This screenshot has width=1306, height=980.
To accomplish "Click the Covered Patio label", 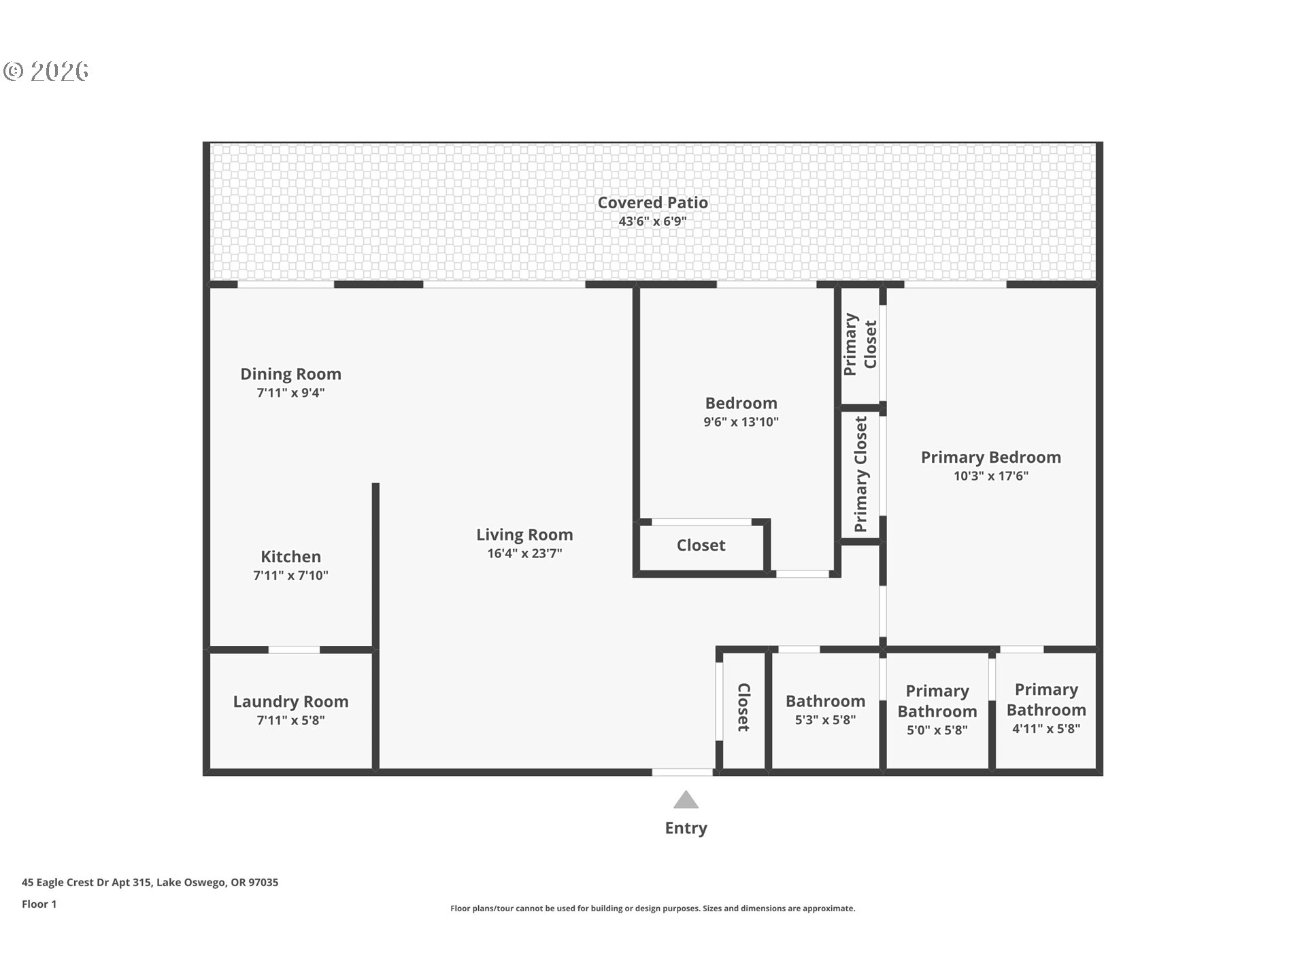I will (652, 202).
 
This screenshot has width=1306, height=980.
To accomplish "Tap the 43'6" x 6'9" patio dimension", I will (652, 221).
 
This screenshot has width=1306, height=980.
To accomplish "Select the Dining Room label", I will (290, 374).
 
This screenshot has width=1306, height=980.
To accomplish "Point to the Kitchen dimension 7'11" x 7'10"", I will (290, 575).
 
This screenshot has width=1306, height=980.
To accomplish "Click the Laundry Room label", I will (290, 701).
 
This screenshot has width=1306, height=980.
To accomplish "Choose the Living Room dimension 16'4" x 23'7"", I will (524, 553).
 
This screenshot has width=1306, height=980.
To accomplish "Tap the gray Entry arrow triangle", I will (686, 800).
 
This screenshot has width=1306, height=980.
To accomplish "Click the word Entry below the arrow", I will (686, 828).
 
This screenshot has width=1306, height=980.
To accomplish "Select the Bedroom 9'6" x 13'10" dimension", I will (741, 422).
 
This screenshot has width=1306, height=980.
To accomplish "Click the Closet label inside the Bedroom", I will (701, 545).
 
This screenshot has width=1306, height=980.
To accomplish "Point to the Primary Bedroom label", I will (990, 457).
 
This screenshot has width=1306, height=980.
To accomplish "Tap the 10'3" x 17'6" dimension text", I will (990, 476).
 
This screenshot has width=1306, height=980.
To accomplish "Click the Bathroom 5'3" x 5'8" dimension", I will (825, 719).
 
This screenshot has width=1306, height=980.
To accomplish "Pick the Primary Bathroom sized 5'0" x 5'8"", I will (937, 709).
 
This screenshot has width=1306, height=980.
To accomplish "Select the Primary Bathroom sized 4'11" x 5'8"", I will (1045, 708).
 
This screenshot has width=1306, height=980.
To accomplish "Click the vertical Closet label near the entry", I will (743, 708).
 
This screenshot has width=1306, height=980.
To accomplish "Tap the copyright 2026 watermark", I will (46, 71).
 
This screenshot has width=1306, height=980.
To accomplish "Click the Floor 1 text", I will (39, 904).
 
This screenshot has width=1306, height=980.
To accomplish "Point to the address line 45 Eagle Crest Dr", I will (150, 882).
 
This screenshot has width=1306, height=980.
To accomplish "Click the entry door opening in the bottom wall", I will (682, 772).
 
